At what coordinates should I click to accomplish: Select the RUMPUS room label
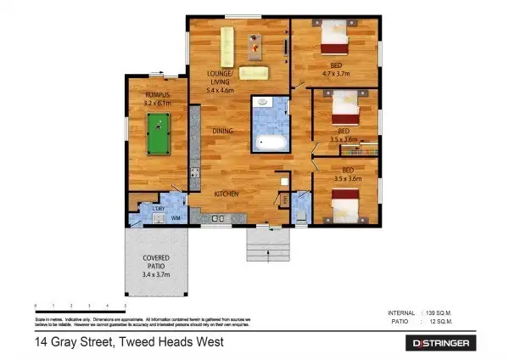click(159, 96)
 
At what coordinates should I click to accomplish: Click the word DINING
click(223, 131)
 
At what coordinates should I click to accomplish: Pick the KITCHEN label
click(226, 194)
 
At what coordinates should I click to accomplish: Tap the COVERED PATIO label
click(156, 261)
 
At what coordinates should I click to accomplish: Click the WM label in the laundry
click(176, 219)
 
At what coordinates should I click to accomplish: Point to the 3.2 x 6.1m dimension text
click(159, 104)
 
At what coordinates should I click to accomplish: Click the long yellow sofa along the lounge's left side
click(227, 46)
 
